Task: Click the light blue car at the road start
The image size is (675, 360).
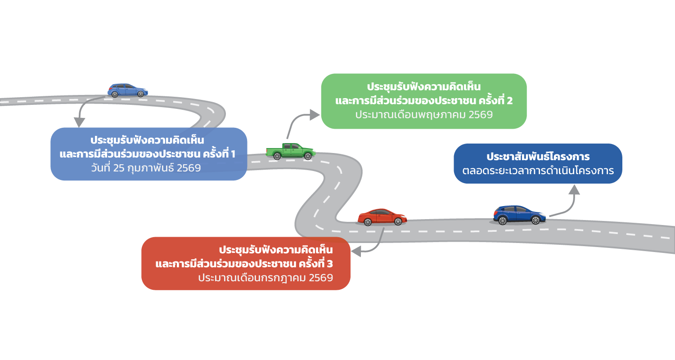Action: tap(128, 90)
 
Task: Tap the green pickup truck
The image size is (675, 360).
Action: tap(291, 151)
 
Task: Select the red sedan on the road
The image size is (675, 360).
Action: tap(382, 216)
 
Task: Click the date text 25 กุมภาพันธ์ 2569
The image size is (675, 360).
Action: tap(146, 168)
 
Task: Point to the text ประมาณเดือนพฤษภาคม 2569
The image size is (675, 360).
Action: tap(423, 115)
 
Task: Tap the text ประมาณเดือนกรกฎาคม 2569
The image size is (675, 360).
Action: tap(265, 278)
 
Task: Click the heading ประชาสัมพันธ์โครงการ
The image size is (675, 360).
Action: tap(538, 157)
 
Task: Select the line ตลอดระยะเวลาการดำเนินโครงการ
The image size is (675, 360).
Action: tap(538, 171)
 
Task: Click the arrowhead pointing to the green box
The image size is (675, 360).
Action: tap(315, 115)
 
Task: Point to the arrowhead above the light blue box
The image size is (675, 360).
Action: tap(79, 122)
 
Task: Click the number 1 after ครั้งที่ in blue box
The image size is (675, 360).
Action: tap(233, 154)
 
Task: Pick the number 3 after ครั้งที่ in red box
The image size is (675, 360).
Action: tap(330, 263)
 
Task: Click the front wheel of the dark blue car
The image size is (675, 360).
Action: tap(535, 220)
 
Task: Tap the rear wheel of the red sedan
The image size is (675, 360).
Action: tap(368, 221)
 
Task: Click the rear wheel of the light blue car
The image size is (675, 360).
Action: tap(115, 94)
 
